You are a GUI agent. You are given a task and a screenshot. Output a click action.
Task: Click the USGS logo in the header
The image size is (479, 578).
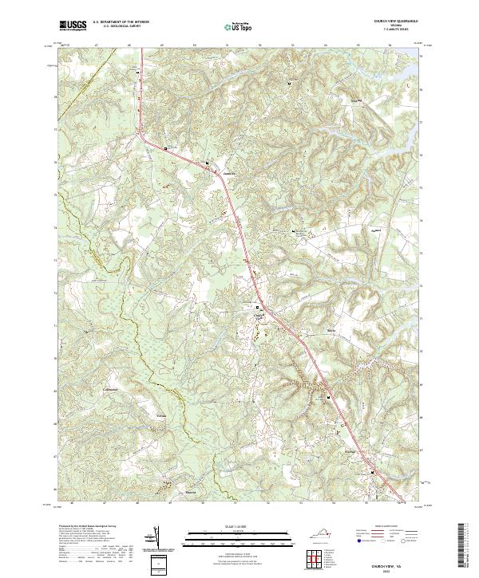coord(73,26)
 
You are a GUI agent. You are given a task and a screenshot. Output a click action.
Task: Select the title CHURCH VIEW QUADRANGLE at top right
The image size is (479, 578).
coord(390,21)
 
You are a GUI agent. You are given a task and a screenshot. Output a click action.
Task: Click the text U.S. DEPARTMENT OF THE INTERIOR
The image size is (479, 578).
coord(121,22)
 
